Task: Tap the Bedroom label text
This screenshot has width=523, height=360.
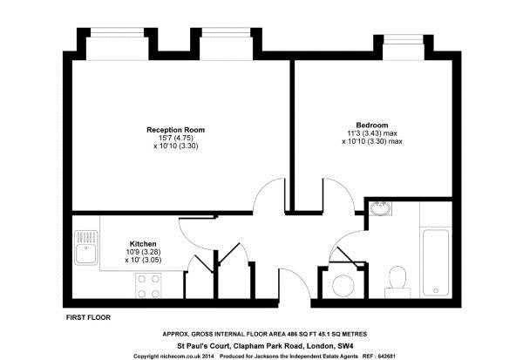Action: tap(372, 125)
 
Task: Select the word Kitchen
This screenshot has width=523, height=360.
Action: tap(143, 243)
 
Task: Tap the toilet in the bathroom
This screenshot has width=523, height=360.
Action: tap(396, 279)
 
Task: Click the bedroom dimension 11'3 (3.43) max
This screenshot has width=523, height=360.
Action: tap(372, 133)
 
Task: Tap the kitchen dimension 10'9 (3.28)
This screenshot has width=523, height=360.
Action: tap(143, 252)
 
